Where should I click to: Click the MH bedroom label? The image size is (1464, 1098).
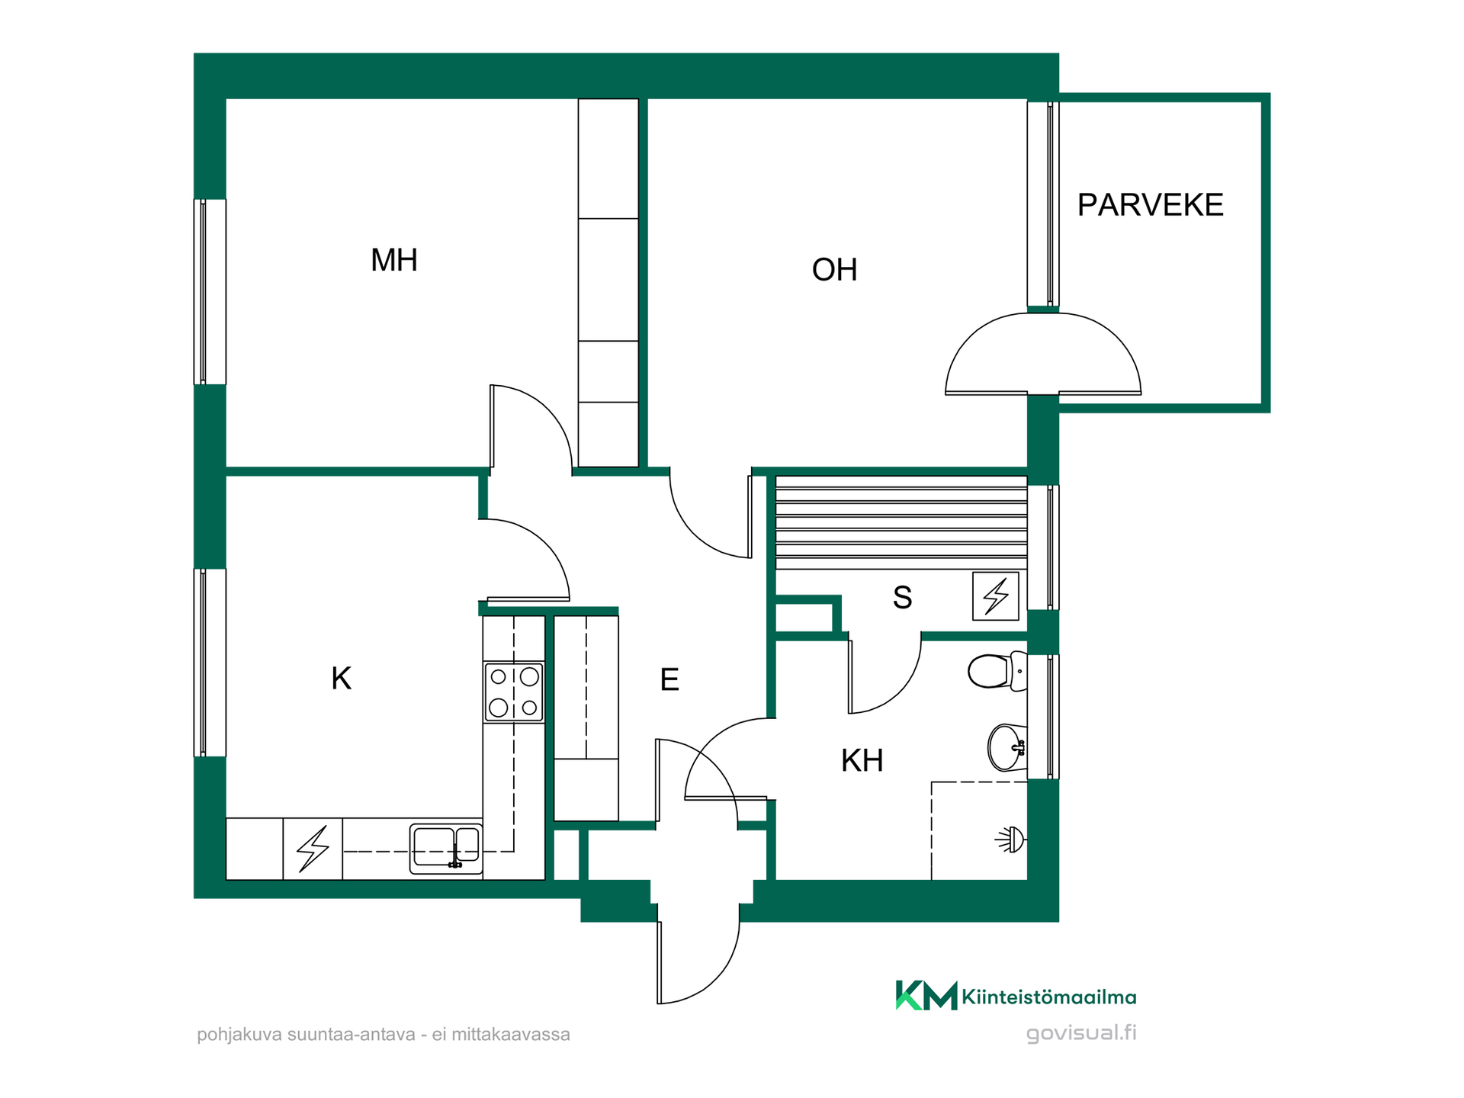(x=393, y=260)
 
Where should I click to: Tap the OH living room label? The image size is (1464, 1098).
(x=834, y=270)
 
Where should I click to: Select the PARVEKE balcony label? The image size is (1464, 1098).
(x=1150, y=204)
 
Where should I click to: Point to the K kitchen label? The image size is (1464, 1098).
(x=341, y=678)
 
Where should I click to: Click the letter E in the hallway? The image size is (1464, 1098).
(x=669, y=679)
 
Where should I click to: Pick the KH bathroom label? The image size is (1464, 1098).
(x=862, y=760)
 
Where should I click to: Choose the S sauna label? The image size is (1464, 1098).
(x=902, y=598)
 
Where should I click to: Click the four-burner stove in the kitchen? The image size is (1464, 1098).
(x=514, y=692)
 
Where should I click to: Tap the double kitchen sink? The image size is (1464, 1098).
(x=446, y=848)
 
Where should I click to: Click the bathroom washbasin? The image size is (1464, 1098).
(x=1007, y=747)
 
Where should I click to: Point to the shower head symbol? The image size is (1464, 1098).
(x=1011, y=840)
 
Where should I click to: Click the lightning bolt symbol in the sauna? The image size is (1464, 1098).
(x=996, y=596)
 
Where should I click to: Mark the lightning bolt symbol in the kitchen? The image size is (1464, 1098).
(x=313, y=848)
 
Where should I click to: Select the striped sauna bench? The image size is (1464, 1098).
(x=901, y=522)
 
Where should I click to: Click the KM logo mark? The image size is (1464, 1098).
(x=926, y=995)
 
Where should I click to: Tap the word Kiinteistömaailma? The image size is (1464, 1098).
(x=1049, y=997)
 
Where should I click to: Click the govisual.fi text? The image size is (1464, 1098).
(x=1081, y=1033)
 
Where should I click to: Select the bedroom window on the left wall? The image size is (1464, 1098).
(x=210, y=292)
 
